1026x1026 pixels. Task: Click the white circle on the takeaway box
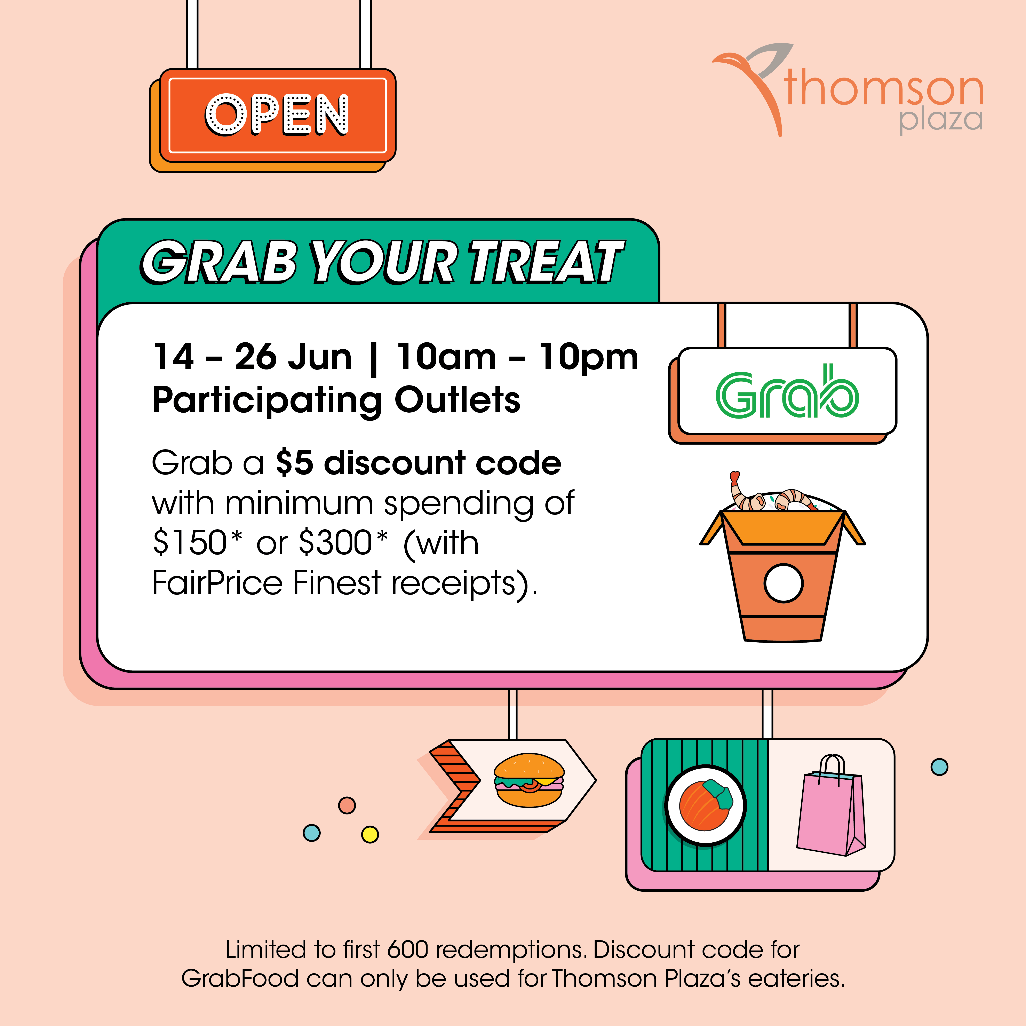783,583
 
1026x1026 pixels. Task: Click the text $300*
344,543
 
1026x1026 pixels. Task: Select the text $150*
198,543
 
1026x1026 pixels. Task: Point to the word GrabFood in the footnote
240,978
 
